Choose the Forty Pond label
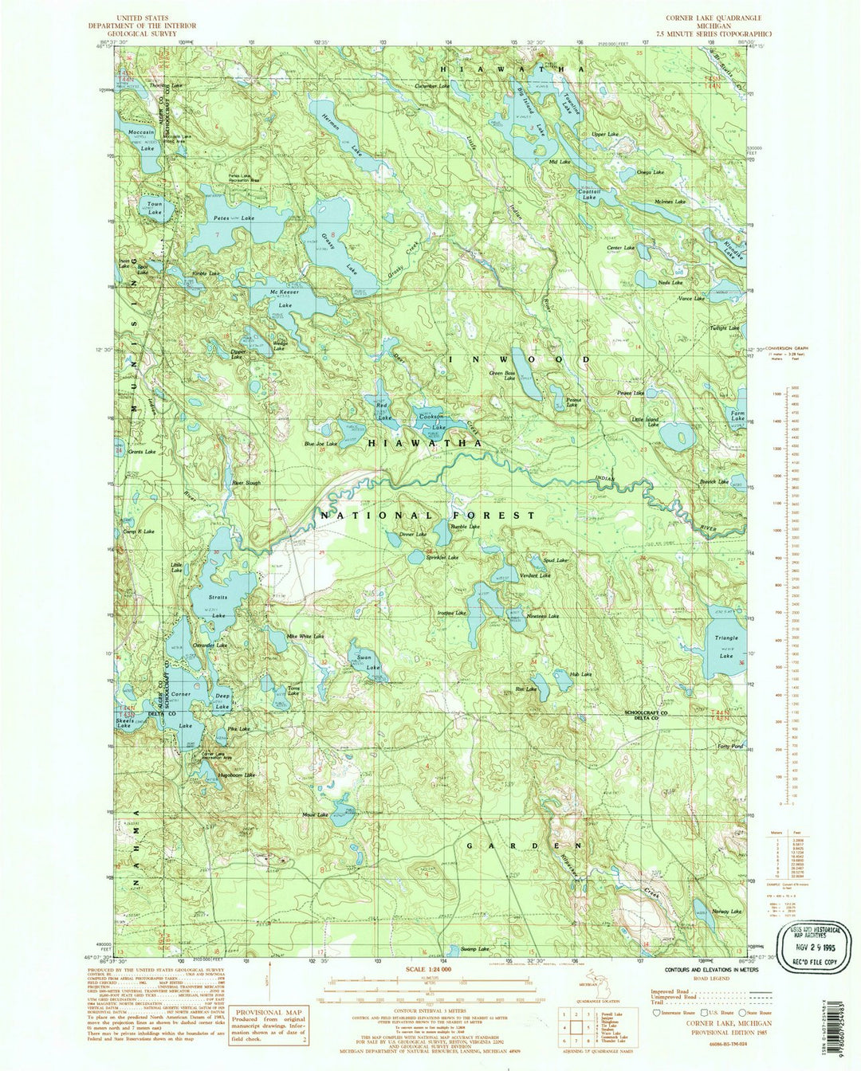pos(729,747)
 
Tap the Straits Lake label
pos(218,606)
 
